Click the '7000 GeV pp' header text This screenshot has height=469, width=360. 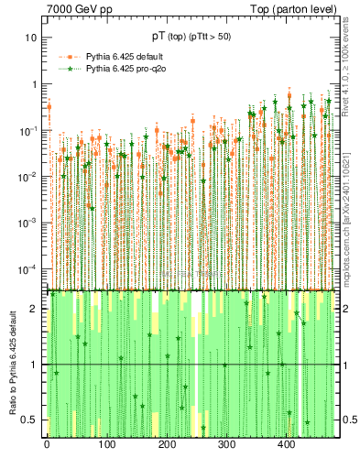(80, 10)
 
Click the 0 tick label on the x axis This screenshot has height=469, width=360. (47, 446)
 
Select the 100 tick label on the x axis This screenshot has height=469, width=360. (107, 446)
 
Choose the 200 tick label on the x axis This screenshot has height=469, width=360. (167, 446)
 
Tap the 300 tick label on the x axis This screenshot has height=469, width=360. (226, 446)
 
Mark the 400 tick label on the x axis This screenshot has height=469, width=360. (286, 446)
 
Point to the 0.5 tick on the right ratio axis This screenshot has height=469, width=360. (349, 420)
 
